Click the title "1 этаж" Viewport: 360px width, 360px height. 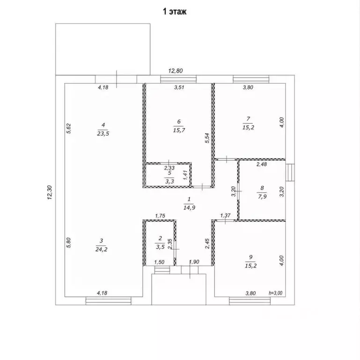[x=175, y=11]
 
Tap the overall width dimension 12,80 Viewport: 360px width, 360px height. [x=176, y=71]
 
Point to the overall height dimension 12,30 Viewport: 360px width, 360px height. [x=50, y=193]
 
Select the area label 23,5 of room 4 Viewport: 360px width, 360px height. [x=103, y=134]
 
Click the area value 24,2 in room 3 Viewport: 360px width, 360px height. [x=102, y=249]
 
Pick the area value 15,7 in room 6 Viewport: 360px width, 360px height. [x=179, y=130]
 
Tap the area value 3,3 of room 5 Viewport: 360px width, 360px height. [x=169, y=181]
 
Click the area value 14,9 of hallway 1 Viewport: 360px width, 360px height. [x=189, y=208]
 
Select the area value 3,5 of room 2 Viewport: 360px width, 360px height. [x=160, y=247]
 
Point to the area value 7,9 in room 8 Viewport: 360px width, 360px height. [x=262, y=196]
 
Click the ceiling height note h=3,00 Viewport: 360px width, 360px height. [x=276, y=293]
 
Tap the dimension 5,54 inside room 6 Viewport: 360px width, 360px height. [x=207, y=138]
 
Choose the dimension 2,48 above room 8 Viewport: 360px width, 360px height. [x=262, y=164]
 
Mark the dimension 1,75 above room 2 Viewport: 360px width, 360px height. [x=160, y=216]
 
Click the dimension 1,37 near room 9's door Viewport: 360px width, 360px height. [x=225, y=216]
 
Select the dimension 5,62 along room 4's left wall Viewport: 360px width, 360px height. [x=69, y=128]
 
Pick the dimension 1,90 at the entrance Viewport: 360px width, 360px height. [x=194, y=262]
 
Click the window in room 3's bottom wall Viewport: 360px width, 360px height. [x=108, y=301]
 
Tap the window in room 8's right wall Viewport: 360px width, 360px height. [x=290, y=172]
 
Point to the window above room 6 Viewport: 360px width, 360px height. [x=178, y=79]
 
